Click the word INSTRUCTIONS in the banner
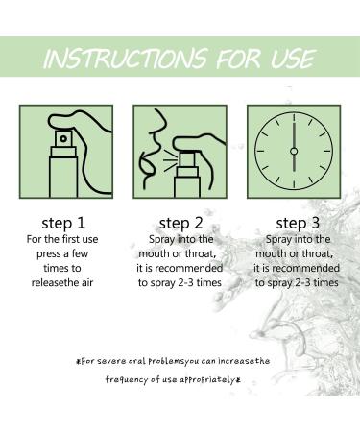click(126, 59)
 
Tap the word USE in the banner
click(293, 59)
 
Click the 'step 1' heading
click(63, 224)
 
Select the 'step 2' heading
click(180, 224)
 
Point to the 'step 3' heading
click(298, 224)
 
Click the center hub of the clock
click(294, 151)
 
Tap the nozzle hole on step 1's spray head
click(63, 139)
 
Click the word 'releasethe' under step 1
click(51, 283)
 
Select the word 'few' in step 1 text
click(80, 253)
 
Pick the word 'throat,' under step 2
click(201, 254)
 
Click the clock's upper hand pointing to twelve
click(294, 131)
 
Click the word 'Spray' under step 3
click(278, 240)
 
